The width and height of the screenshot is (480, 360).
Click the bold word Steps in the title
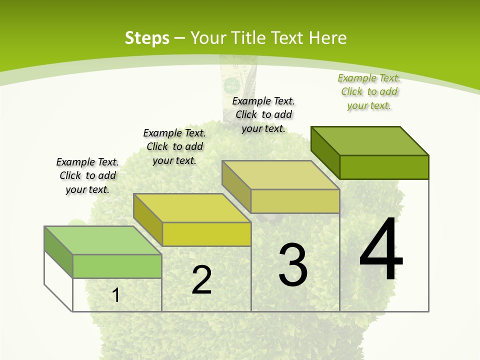(147, 38)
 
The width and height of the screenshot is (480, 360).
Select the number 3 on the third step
(293, 265)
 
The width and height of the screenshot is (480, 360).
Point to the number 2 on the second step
(202, 280)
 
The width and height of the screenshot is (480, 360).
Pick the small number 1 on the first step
(116, 295)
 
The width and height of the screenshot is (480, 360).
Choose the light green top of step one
(103, 240)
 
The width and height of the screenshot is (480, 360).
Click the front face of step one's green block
(117, 266)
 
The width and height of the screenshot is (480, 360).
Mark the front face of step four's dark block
(384, 167)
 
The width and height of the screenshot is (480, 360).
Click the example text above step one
(87, 176)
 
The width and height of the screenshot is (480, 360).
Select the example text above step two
(174, 146)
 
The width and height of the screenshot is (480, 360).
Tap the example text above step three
(263, 114)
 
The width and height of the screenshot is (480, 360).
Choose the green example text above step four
(369, 91)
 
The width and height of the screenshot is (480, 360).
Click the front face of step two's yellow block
(206, 234)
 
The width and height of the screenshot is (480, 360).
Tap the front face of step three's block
(295, 201)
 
